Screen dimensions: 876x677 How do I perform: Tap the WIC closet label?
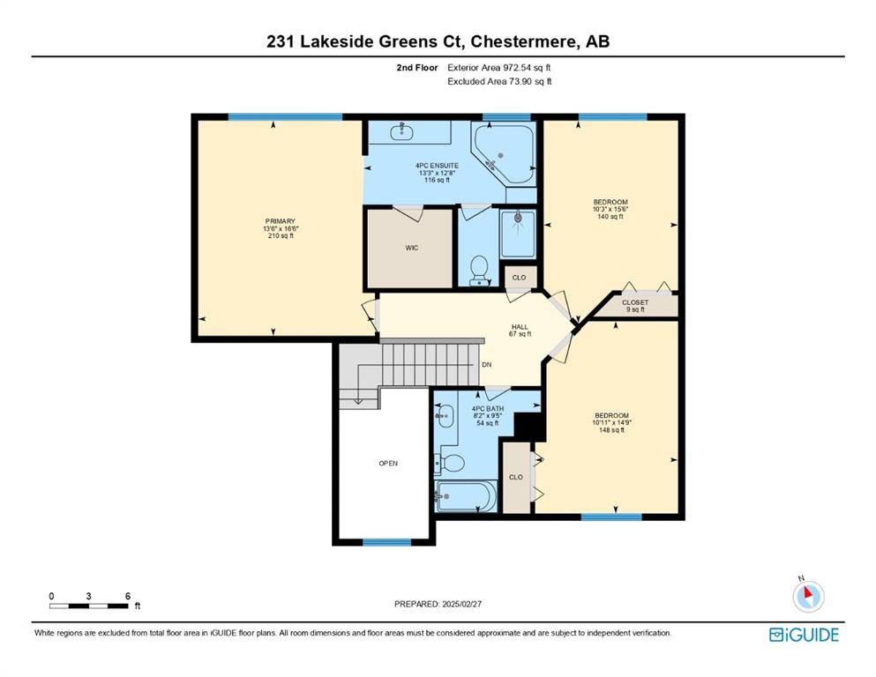[412, 248]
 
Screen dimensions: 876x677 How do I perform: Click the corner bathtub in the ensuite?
[504, 153]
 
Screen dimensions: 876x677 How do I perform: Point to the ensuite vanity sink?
[401, 131]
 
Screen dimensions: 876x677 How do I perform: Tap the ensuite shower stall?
[518, 234]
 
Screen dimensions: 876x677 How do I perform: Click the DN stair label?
[487, 364]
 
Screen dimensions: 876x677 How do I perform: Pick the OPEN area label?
[388, 464]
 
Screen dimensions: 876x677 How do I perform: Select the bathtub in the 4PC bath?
[466, 495]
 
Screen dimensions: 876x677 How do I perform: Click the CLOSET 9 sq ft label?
[635, 306]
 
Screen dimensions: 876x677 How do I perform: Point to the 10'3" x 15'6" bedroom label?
[610, 209]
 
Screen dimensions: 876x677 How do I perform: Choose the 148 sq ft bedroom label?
[611, 422]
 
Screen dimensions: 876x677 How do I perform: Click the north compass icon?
[808, 596]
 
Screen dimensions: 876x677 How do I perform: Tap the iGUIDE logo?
[804, 635]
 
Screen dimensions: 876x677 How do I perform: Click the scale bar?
[89, 606]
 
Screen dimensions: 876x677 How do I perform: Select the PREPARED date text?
[438, 604]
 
